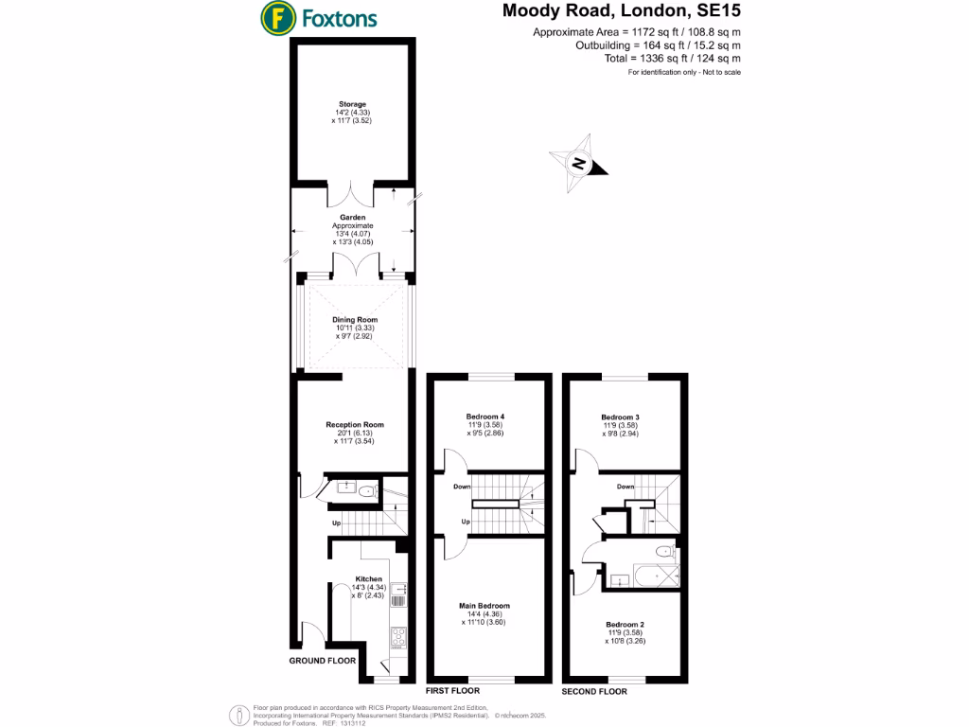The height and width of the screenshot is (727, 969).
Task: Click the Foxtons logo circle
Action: click(x=276, y=17)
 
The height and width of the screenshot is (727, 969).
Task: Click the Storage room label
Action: click(x=353, y=104)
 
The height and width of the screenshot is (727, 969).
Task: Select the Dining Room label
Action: click(x=355, y=321)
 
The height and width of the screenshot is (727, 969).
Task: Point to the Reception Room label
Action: click(x=355, y=425)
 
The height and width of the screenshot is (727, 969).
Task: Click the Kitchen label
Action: click(x=368, y=578)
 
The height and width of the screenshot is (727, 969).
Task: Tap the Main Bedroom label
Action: click(x=484, y=606)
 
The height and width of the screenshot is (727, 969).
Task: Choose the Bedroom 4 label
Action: click(x=485, y=417)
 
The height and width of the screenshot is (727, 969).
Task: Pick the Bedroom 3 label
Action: click(x=621, y=417)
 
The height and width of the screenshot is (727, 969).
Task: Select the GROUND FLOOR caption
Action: click(x=323, y=660)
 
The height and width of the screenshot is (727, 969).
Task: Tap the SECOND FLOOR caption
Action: click(x=594, y=692)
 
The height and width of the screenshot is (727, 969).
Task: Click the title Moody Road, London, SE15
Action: click(x=621, y=12)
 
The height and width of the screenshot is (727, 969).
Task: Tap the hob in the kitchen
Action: click(x=398, y=637)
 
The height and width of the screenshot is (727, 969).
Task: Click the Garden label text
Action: click(x=353, y=217)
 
